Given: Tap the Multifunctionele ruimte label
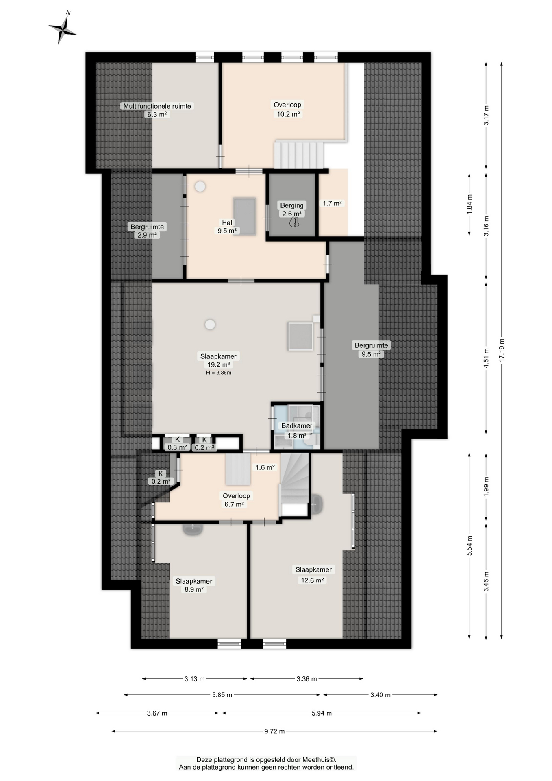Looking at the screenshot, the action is tap(157, 106).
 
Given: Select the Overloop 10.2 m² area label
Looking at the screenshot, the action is tap(288, 109).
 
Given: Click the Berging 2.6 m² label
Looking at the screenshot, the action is tap(292, 209).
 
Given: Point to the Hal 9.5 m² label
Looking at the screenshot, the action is tap(227, 227).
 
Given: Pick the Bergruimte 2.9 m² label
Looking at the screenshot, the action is tap(147, 231).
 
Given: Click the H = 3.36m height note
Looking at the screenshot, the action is tap(219, 373).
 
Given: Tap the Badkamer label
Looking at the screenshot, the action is tap(297, 426).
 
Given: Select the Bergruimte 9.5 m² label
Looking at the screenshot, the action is tap(371, 349).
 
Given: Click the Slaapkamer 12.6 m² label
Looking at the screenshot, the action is tap(313, 575).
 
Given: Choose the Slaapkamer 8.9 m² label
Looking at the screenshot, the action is tap(194, 585).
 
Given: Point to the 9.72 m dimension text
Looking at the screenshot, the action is tap(274, 731).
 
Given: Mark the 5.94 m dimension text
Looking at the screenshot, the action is tap(322, 713).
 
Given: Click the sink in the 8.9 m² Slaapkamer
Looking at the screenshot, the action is tap(193, 529).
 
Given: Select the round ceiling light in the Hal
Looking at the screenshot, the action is tap(200, 187).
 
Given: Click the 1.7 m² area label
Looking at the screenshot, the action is tap(332, 203).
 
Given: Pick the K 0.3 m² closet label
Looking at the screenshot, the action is tap(177, 443).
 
